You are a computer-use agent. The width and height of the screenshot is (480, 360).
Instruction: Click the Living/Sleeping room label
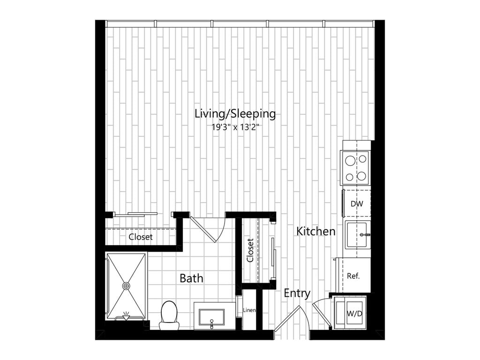235,114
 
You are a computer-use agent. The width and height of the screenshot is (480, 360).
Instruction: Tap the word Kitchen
315,231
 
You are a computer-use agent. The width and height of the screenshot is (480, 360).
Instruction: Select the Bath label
191,278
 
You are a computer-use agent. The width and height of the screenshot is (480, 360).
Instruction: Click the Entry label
297,293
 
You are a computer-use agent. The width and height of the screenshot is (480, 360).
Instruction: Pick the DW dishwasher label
357,203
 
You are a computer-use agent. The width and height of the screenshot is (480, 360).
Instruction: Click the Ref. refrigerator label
353,276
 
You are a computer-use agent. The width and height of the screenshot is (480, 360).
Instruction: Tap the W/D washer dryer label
354,314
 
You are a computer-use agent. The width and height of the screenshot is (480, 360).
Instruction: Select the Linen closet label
249,310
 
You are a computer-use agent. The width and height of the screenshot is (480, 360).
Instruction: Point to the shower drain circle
126,286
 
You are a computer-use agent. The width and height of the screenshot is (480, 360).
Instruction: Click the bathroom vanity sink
211,317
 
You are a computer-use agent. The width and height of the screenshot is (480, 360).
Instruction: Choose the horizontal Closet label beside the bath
141,237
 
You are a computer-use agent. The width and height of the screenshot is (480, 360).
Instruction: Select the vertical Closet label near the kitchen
250,250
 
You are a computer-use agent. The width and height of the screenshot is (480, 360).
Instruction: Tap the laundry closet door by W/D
322,312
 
